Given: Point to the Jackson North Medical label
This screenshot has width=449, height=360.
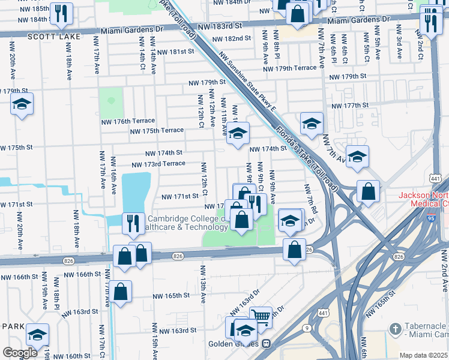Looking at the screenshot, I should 424,200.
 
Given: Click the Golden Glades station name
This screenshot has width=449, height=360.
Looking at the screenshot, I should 232,344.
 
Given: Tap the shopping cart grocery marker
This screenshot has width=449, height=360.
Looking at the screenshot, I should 261,317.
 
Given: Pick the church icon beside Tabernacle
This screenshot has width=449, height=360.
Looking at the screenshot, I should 394,329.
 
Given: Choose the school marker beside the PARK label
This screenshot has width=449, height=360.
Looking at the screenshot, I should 37,335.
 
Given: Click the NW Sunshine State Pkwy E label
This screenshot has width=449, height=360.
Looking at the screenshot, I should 247,83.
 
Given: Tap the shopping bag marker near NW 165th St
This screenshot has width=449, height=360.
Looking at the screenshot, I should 121,292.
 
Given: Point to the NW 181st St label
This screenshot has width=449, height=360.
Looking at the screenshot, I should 173,52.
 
